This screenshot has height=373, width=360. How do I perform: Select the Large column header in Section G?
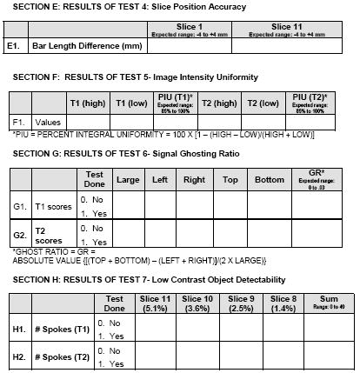click(129, 181)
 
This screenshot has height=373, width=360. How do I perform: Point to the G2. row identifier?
click(17, 236)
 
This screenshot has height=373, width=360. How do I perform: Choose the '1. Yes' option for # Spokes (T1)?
click(112, 336)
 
